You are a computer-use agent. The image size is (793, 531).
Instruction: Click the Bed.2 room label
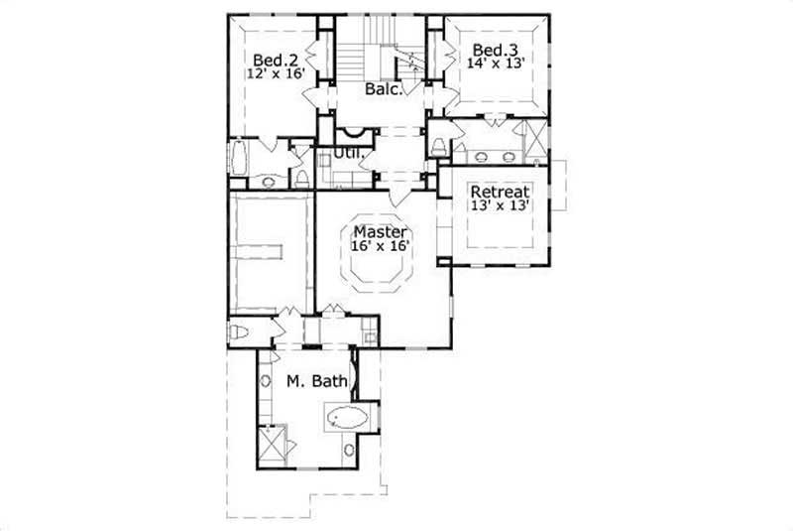click(269, 59)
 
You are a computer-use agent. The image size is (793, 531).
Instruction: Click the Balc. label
click(384, 89)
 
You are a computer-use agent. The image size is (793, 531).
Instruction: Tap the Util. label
click(345, 154)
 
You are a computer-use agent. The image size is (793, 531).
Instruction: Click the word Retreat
click(500, 192)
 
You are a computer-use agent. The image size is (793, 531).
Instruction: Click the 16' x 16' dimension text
click(380, 245)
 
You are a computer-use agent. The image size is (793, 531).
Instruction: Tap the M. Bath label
click(308, 380)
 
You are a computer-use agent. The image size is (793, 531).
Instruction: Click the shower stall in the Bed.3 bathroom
click(535, 140)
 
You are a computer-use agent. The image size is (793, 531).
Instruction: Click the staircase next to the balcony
click(382, 55)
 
